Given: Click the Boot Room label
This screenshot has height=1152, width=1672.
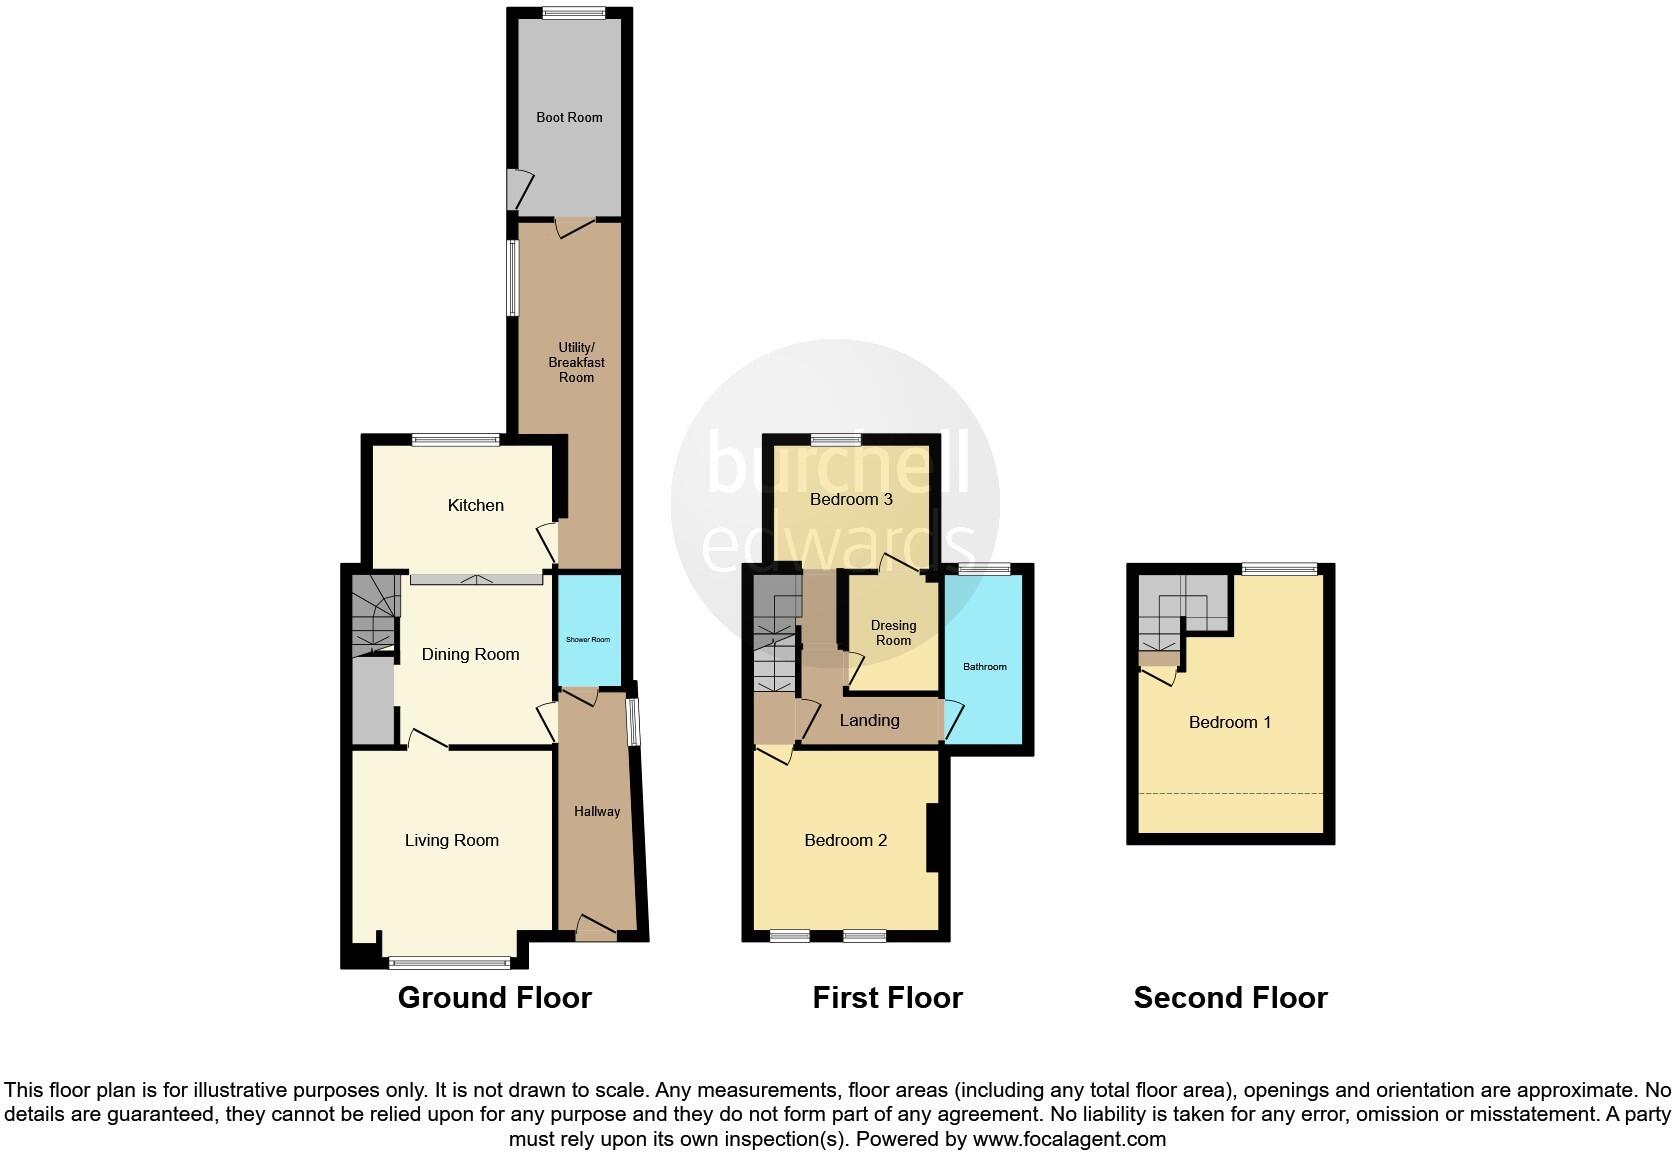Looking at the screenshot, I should coord(569,117).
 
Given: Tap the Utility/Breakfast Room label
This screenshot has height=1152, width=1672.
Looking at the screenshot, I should coord(576,362).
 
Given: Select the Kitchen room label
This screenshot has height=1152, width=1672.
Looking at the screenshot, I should coord(475,505).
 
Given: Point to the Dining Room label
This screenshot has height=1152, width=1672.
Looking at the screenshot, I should coord(470,654).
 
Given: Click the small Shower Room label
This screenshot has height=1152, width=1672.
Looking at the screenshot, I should coord(588,640).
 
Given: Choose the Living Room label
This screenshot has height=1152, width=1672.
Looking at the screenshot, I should coord(451,840).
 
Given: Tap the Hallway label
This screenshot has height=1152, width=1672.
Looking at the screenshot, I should coord(597,811).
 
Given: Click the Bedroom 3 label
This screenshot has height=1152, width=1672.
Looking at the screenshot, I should coord(851,499).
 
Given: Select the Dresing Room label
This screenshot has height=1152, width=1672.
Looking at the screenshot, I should coord(893,633).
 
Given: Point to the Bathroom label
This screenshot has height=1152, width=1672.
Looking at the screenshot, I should coord(985,666).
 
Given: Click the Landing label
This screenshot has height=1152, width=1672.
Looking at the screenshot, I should coord(869,720).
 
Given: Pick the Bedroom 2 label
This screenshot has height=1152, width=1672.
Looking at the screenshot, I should coord(846,840).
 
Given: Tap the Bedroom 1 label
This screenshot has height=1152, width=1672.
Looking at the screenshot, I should coord(1230,722).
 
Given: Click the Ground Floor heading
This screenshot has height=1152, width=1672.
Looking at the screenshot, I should coord(495,997).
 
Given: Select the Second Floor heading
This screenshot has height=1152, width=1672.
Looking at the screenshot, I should coord(1230,997).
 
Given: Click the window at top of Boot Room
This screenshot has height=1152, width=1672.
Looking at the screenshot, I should coord(574,13).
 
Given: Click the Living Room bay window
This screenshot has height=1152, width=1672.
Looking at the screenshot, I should coord(450,963).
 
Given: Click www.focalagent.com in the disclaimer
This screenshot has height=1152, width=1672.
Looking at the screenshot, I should coord(1069,1138).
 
